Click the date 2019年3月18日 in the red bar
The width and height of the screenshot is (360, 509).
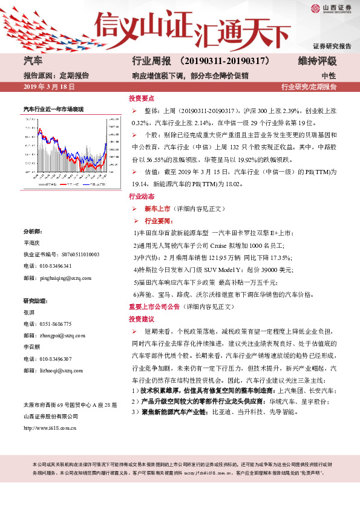point(48,87)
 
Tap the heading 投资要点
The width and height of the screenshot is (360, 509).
point(142,98)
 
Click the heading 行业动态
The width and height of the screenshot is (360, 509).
point(142,197)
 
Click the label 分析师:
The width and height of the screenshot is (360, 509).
point(32,232)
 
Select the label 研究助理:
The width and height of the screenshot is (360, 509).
point(35,300)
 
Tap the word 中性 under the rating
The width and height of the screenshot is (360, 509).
point(329,76)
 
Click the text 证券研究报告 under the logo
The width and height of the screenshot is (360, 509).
point(332,46)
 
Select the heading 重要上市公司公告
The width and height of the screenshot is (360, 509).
point(155,307)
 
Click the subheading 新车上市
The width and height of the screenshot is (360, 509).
point(157,209)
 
